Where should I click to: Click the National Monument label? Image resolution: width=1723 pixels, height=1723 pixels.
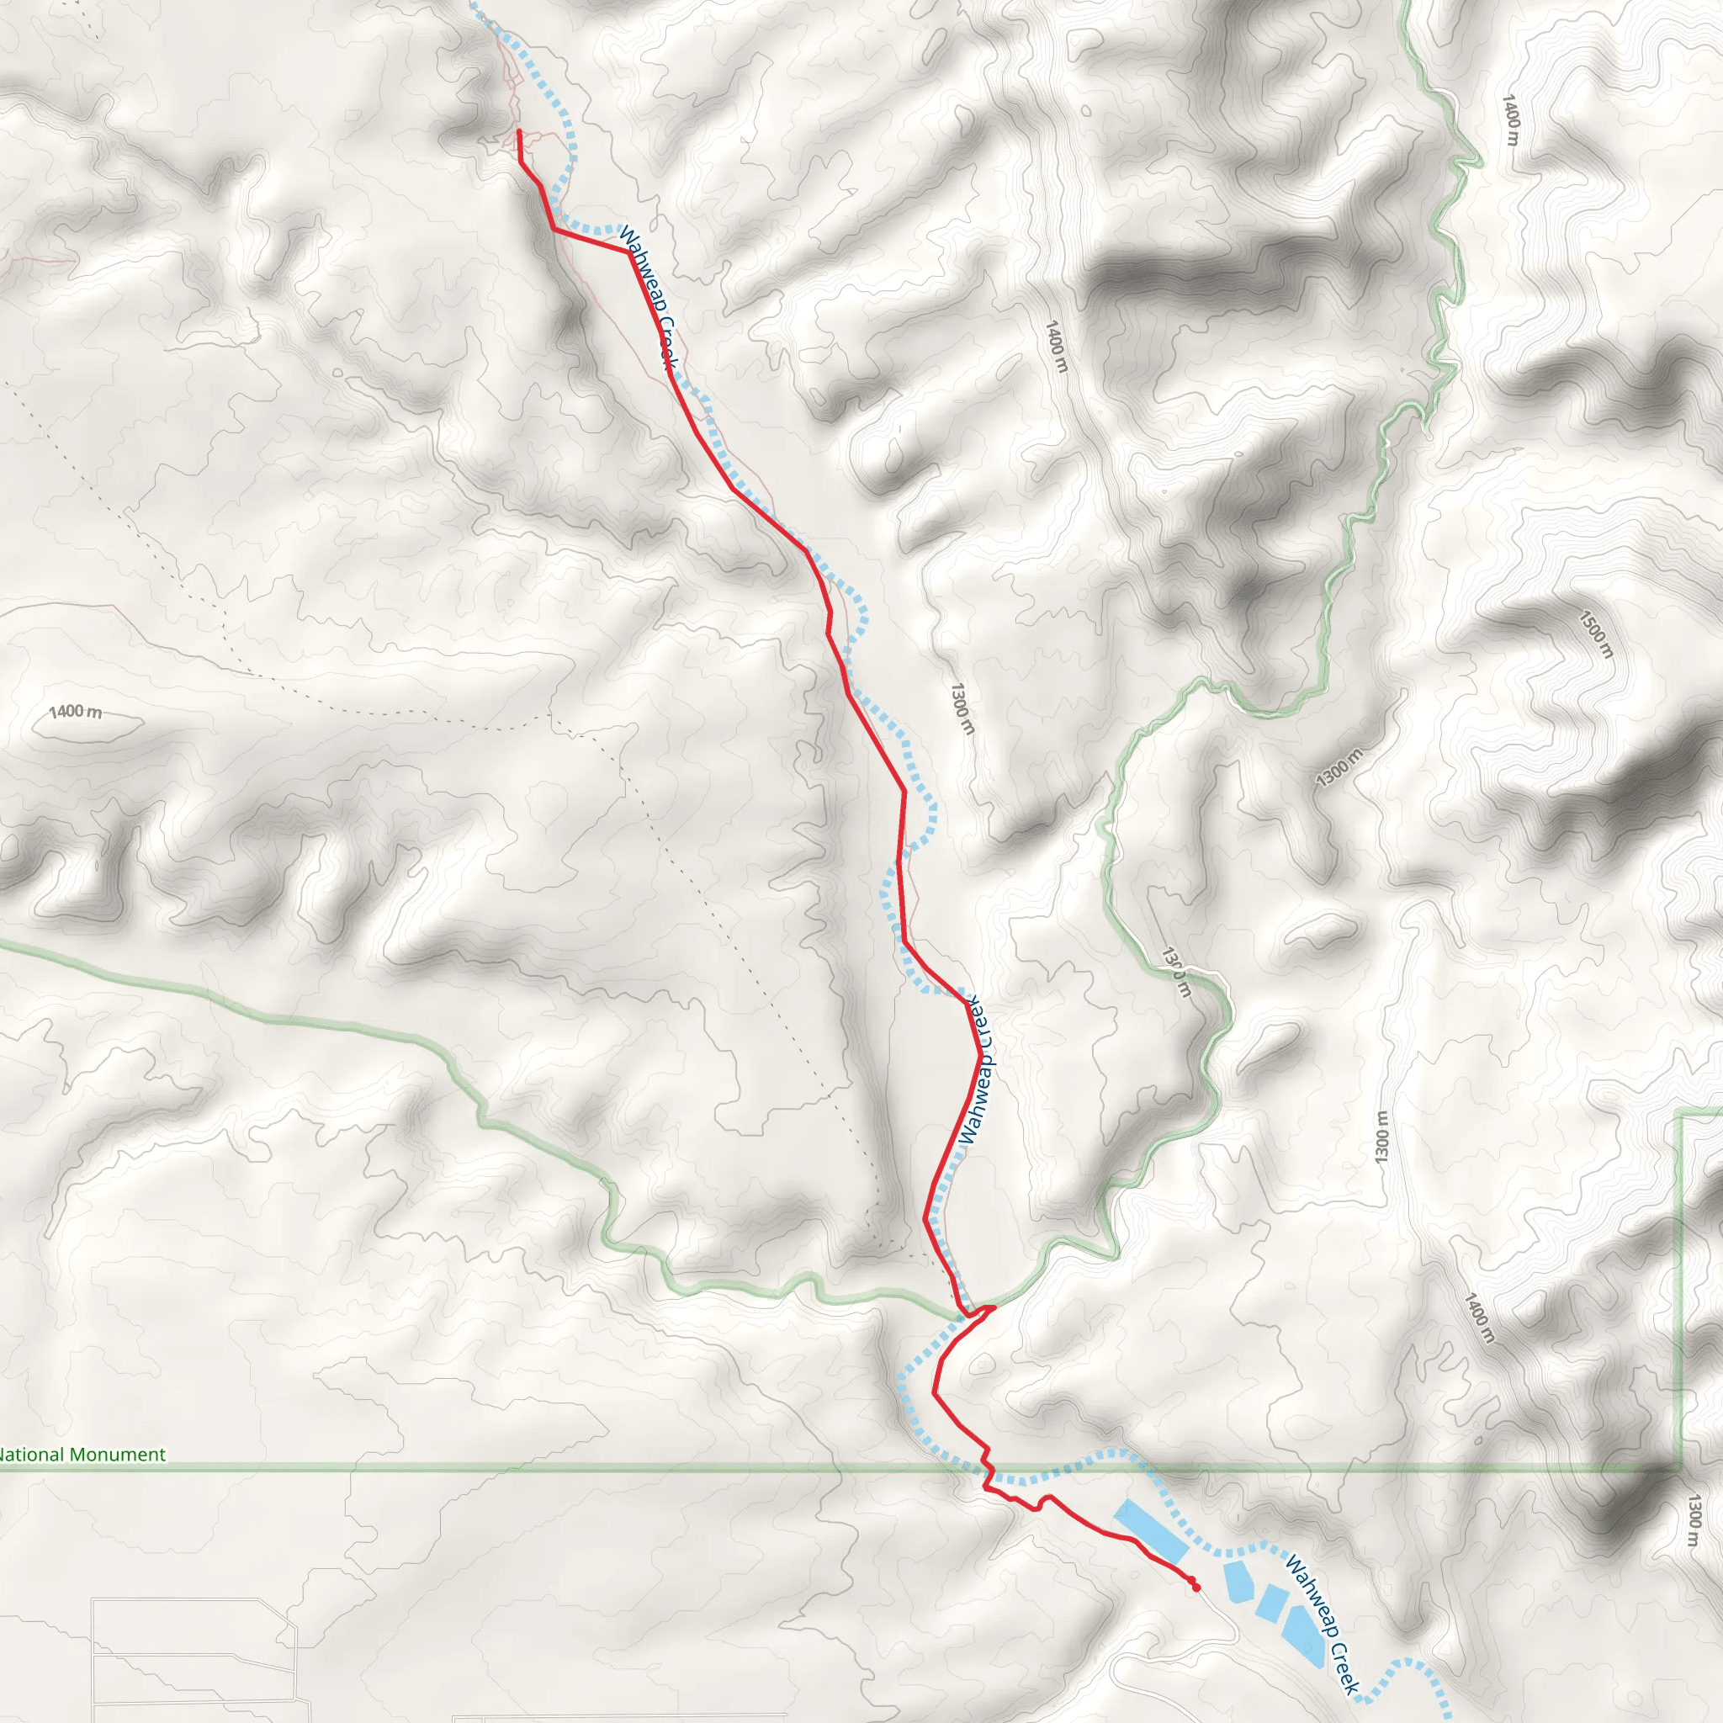pyautogui.click(x=82, y=1455)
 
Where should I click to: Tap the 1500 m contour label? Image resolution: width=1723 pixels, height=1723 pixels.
pyautogui.click(x=1596, y=634)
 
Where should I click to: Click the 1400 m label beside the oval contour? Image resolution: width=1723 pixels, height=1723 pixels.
pyautogui.click(x=75, y=712)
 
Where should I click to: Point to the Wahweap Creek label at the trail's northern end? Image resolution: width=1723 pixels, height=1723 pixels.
pyautogui.click(x=648, y=297)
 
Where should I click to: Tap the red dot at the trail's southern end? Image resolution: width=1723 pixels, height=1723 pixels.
pyautogui.click(x=1195, y=1587)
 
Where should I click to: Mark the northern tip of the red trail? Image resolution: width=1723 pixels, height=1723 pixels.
pyautogui.click(x=519, y=132)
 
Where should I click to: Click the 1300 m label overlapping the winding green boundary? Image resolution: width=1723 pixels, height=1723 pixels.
pyautogui.click(x=1175, y=972)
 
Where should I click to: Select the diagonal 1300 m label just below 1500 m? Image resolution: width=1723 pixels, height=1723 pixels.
pyautogui.click(x=1339, y=768)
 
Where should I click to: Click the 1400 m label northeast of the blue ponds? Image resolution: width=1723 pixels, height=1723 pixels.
pyautogui.click(x=1477, y=1319)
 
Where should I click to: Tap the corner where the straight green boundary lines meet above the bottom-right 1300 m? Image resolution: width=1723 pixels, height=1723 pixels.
pyautogui.click(x=1681, y=1468)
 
